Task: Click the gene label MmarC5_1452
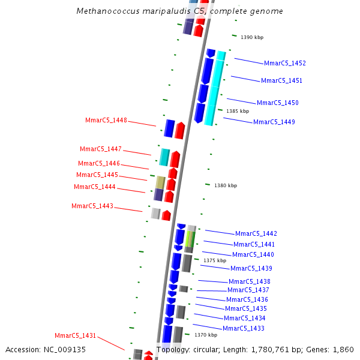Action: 285,63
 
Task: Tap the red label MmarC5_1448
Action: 106,120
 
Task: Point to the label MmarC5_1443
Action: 92,206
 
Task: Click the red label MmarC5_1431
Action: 76,335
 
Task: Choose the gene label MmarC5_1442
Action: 256,233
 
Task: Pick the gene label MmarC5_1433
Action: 244,328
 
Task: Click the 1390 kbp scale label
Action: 252,37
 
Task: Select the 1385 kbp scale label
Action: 238,111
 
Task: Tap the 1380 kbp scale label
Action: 226,185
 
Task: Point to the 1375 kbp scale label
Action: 215,260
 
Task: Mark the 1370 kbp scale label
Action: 205,335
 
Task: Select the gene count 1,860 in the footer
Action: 343,349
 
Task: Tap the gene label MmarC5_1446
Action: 99,163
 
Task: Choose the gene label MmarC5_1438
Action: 250,281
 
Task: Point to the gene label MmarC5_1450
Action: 278,103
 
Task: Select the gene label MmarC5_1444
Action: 95,187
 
